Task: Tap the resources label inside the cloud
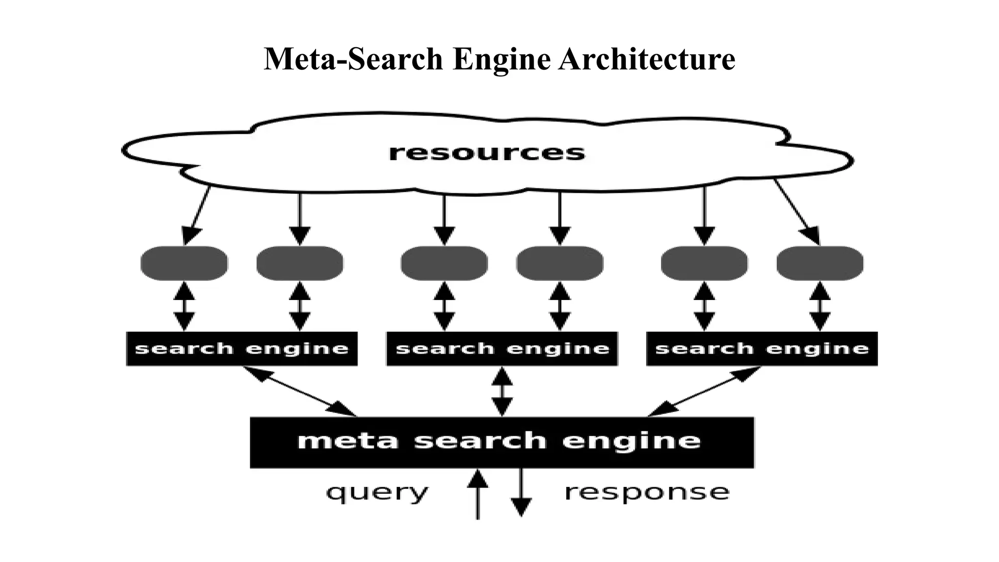coord(486,153)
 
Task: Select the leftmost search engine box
coord(242,349)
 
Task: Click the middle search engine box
coord(502,349)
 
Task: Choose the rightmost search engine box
coord(761,349)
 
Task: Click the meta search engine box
coord(502,442)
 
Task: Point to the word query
coord(377,492)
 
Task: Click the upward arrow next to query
coord(478,493)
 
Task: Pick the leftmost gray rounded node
coord(184,263)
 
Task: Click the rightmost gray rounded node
coord(819,263)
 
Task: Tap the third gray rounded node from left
coord(444,263)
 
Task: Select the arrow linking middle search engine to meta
coord(502,391)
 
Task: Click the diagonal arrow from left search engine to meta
coord(300,391)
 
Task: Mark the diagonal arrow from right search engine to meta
coord(704,391)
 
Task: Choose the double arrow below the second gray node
coord(300,306)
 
